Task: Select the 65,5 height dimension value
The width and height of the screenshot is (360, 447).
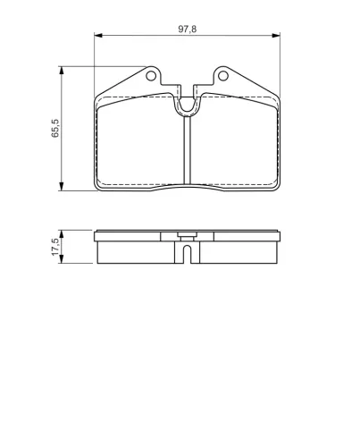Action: point(55,129)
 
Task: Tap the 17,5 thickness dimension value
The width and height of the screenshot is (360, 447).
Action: point(55,248)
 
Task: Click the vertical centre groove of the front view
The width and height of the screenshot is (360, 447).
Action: point(188,152)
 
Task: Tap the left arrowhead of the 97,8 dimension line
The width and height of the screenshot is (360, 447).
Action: point(98,37)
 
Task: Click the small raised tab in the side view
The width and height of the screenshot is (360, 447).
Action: point(187,237)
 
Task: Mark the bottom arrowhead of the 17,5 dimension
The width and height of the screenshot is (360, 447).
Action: point(63,260)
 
